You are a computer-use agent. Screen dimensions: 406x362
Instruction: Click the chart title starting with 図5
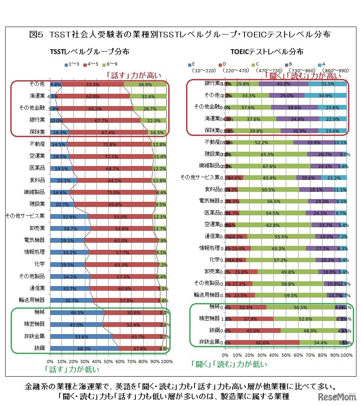coord(180,35)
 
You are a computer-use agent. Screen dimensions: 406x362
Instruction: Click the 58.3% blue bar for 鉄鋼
coord(84,348)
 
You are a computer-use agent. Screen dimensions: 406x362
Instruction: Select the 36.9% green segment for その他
coord(145,84)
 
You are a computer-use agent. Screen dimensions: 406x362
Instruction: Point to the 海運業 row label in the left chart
coord(37,97)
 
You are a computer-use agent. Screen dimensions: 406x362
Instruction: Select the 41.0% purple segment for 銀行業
coord(283,83)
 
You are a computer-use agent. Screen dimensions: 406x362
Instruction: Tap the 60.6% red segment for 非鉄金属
coord(263,342)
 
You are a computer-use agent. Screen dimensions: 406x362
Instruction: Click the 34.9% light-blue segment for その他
coord(325,95)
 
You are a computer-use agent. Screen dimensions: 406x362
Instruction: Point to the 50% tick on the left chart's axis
coord(108,362)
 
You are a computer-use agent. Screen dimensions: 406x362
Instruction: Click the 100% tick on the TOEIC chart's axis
coord(347,355)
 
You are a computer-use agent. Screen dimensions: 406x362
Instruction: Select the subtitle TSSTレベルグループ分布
coord(89,52)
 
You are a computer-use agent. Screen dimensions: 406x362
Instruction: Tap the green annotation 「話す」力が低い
coord(72,369)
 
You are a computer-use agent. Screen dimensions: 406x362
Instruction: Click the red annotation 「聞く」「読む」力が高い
coord(304,75)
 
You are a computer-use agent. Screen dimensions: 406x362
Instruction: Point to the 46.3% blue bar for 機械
coord(77,313)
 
